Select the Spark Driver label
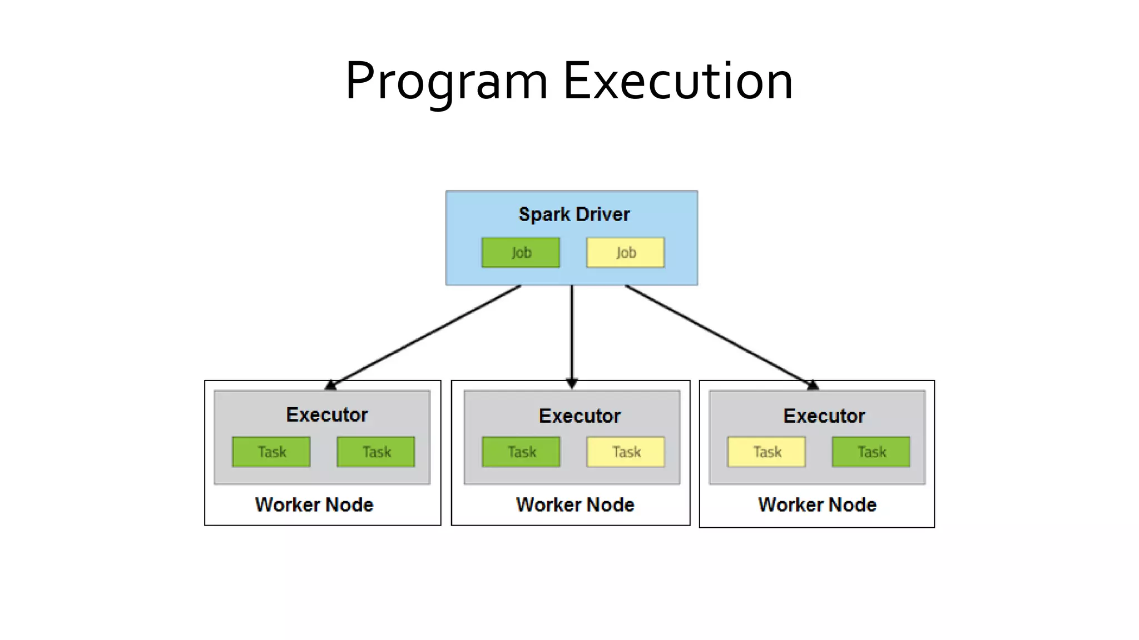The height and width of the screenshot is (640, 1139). pos(574,214)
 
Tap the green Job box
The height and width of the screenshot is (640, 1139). pos(521,253)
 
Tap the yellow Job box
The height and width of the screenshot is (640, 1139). pos(626,253)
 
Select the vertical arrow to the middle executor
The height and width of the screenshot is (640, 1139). pos(572,333)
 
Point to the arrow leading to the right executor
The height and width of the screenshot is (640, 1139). pos(720,336)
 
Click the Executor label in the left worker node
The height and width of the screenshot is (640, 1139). pos(327,415)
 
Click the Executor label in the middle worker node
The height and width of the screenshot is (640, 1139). pos(580,416)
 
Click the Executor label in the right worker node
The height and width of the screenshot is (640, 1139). pos(824,416)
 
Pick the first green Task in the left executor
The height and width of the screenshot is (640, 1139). pos(271,452)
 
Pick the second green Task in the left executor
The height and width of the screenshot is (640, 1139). pos(376,452)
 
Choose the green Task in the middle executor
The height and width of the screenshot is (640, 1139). pos(521,452)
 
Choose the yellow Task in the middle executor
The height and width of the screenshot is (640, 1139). pos(626,452)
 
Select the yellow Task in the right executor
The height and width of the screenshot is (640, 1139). pos(766,452)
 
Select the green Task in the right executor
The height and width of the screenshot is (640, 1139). pos(871,452)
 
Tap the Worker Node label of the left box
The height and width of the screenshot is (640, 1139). pos(314,505)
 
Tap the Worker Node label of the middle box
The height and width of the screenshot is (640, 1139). pos(575,505)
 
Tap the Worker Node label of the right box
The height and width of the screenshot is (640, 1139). pos(817,505)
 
